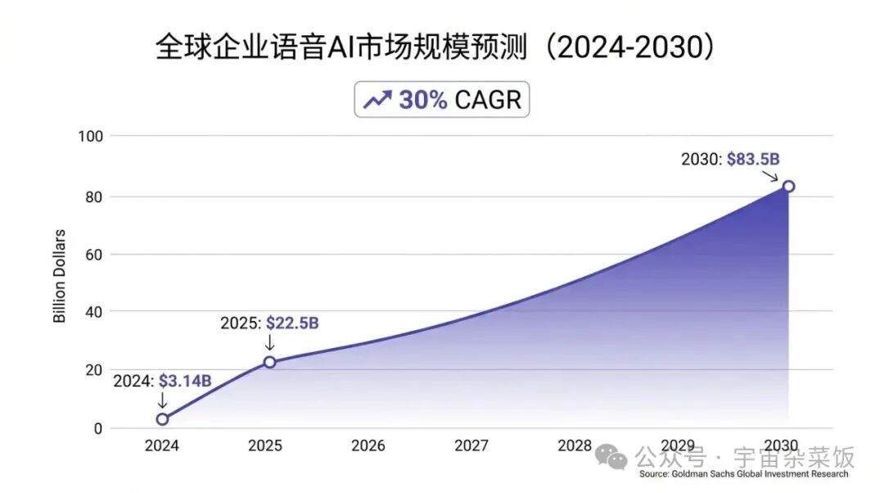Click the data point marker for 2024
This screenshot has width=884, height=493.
pos(162,419)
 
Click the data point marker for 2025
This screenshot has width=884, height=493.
pos(269,362)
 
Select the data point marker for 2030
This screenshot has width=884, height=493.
pos(788,186)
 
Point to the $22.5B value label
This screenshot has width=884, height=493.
pos(293,323)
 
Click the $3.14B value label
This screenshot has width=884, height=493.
pos(185,381)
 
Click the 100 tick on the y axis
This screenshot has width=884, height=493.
pos(91,136)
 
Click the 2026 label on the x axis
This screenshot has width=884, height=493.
pos(368,446)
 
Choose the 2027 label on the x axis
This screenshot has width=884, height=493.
pos(471,446)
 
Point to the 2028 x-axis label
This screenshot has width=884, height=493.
pos(575,446)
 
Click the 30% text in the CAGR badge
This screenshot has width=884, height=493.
pos(422,100)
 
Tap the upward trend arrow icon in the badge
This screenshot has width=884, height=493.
pos(377,100)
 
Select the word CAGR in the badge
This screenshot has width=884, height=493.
pos(488,100)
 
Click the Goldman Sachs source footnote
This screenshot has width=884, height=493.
pos(743,474)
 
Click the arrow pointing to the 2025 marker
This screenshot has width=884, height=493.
pos(269,344)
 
